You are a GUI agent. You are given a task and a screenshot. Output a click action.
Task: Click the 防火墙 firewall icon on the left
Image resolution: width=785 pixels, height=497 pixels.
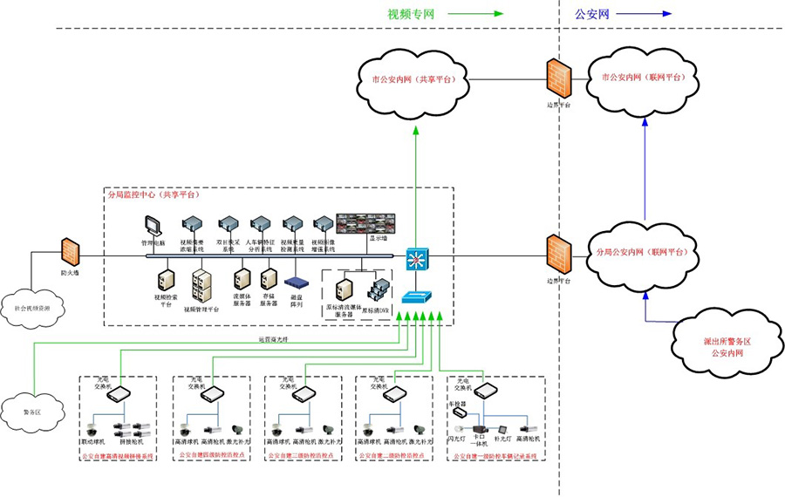(71, 253)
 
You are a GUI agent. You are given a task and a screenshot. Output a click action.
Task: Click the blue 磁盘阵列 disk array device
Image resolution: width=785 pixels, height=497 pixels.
(297, 283)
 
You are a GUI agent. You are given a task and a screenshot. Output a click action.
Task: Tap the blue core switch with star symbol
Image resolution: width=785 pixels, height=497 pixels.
(417, 258)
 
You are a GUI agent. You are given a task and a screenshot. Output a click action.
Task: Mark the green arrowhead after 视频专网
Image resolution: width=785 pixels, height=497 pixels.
(498, 14)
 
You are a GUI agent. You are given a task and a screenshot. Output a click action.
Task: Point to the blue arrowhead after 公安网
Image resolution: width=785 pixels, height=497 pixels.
(666, 14)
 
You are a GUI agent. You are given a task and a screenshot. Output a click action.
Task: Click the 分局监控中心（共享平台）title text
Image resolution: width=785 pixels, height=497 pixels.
(152, 195)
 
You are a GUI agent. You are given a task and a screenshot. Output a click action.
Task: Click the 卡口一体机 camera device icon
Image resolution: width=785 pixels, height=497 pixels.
(478, 430)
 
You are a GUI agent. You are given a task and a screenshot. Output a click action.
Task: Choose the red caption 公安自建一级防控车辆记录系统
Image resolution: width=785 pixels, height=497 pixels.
(496, 455)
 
